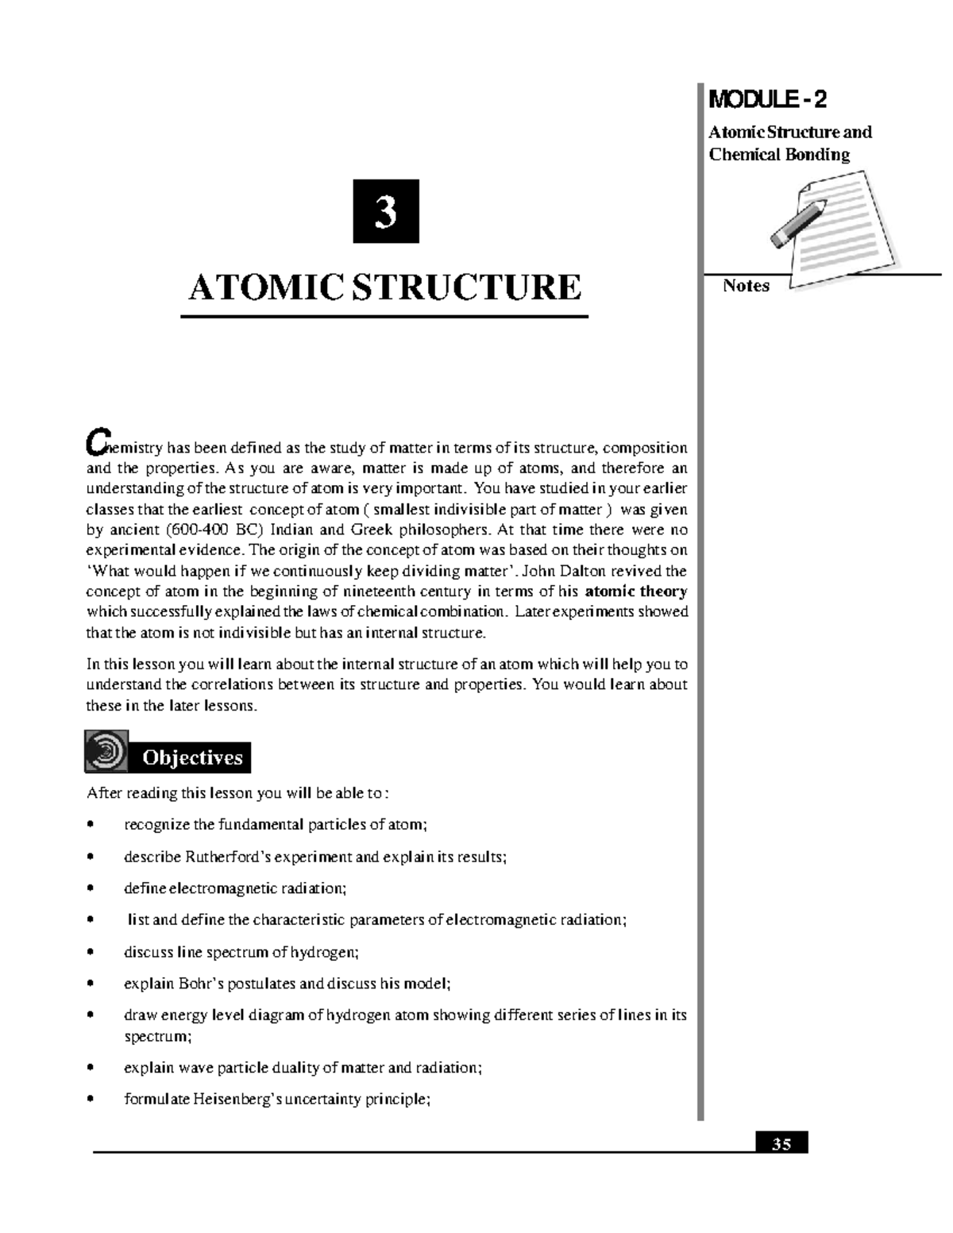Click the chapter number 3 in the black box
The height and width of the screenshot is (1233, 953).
tap(386, 212)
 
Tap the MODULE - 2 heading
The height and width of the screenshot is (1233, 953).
tap(766, 100)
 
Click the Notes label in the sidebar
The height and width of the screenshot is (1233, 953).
tap(746, 286)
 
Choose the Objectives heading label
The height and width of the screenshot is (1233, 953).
tap(192, 758)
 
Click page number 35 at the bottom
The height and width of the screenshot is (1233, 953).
tap(781, 1144)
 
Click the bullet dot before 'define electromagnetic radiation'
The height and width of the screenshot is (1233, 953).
tap(91, 888)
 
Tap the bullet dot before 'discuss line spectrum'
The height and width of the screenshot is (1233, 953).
tap(91, 952)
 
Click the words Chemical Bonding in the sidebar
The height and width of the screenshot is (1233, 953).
tap(779, 154)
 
